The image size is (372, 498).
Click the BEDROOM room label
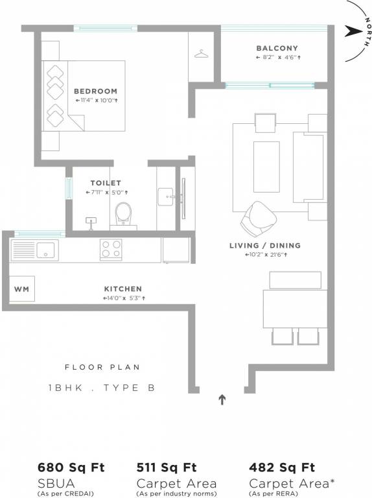tap(95, 91)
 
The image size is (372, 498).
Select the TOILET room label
tap(105, 184)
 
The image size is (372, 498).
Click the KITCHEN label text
tap(122, 289)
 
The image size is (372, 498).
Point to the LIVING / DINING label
tap(264, 246)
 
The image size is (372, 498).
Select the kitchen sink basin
tap(46, 249)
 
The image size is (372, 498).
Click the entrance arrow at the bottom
tap(222, 399)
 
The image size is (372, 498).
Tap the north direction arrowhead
tap(351, 30)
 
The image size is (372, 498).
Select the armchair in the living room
tap(258, 218)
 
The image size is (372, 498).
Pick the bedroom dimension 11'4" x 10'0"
tap(95, 101)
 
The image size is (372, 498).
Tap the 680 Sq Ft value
tap(71, 467)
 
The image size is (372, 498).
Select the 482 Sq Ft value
tap(282, 467)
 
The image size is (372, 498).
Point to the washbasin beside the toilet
tap(166, 195)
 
